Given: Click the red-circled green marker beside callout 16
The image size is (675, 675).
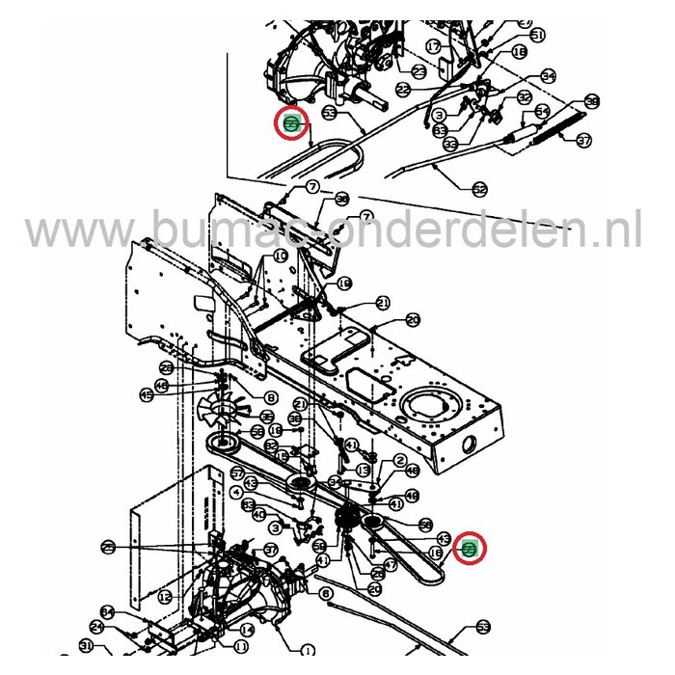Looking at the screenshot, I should coord(470,549).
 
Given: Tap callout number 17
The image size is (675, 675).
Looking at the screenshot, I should coord(433,45).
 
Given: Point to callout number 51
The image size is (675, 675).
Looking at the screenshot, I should coord(537,35).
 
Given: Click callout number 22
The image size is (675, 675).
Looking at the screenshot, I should coord(403,89).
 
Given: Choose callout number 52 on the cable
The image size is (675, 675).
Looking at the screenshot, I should coord(479,188).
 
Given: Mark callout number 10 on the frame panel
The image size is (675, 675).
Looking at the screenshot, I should coord(280,256).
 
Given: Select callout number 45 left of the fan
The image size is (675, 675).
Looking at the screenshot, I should coord(147,393).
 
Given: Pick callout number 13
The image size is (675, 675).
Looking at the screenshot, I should coord(363,470).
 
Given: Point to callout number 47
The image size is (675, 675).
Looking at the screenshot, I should coord(390,566).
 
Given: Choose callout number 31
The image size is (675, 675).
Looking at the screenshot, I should coord(86,646).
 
